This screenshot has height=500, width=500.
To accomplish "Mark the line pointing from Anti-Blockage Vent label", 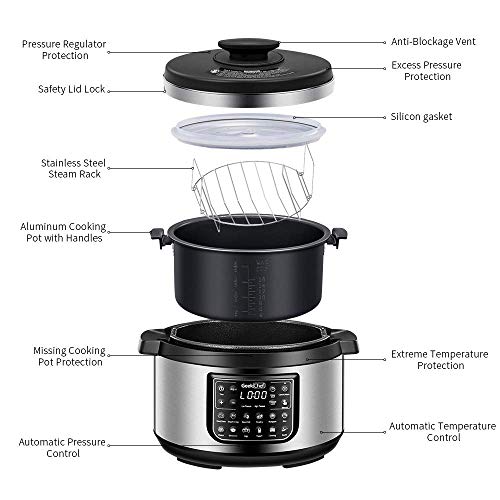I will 320,43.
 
